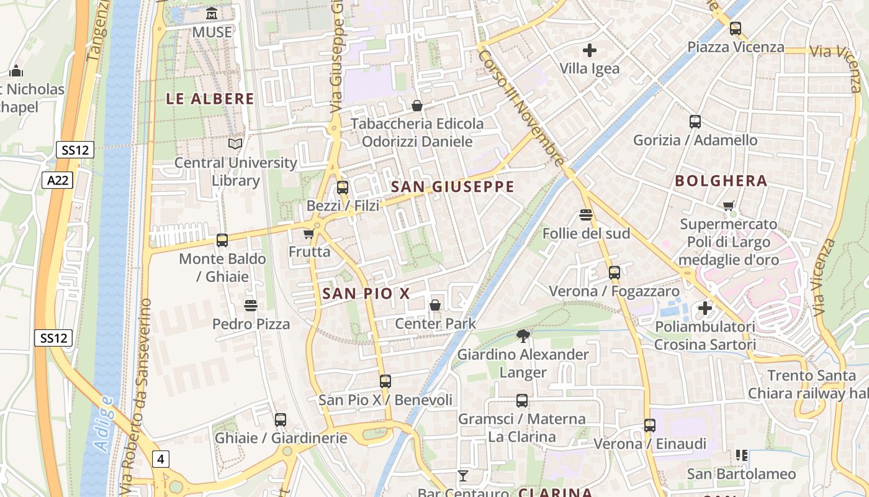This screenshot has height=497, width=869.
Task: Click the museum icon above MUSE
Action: (212, 14)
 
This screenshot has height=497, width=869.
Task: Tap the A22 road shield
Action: (58, 181)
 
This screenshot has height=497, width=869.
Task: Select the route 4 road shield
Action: (161, 459)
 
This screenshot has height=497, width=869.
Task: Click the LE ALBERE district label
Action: (210, 99)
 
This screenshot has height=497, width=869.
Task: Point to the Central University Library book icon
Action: (235, 144)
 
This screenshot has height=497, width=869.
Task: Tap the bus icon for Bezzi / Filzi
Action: (342, 188)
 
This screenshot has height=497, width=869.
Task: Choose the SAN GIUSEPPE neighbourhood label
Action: (453, 187)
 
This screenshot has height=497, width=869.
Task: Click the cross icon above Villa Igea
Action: (589, 50)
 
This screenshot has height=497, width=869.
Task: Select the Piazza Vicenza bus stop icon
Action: (736, 29)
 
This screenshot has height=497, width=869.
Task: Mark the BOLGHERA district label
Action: (721, 181)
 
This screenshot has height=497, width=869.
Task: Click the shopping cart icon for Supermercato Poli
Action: (728, 206)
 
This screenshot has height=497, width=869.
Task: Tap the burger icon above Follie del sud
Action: (585, 215)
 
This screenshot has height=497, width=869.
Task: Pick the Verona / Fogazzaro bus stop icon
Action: (614, 273)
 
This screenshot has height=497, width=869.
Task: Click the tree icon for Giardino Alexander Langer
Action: (523, 336)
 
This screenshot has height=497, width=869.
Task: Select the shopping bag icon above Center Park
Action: (435, 305)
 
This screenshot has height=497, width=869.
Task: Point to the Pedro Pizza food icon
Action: (251, 306)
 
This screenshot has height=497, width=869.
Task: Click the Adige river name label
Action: (104, 422)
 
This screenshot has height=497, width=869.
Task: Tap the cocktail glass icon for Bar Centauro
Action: (462, 476)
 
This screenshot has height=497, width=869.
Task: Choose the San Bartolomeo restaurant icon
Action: (741, 455)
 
